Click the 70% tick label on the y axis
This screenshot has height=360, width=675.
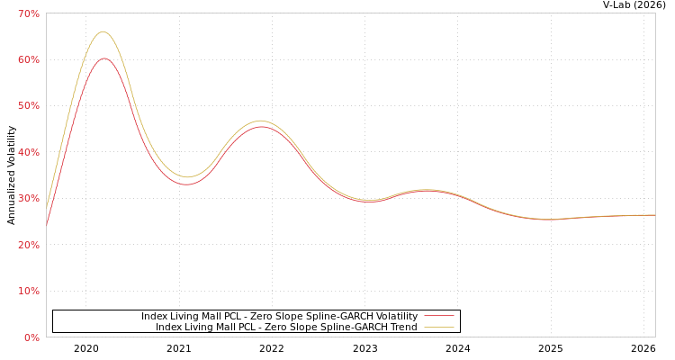(x=29, y=13)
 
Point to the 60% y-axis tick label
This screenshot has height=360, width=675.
(x=29, y=59)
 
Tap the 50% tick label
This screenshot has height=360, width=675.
(x=29, y=106)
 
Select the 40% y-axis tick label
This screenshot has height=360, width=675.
(x=29, y=152)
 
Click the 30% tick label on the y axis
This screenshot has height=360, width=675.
(x=29, y=198)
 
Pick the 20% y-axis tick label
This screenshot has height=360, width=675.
(x=29, y=245)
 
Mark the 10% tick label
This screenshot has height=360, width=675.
(x=29, y=291)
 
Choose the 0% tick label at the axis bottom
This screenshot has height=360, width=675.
(x=31, y=337)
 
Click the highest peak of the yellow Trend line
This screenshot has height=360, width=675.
(x=103, y=31)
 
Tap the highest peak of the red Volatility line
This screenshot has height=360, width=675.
(x=103, y=58)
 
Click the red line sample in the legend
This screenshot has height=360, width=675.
(x=438, y=316)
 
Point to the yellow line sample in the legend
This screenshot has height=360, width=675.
(x=438, y=327)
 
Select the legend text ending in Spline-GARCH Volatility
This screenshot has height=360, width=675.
(x=279, y=316)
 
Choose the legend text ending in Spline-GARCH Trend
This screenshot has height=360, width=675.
(x=286, y=327)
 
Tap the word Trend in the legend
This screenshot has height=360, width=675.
(x=402, y=327)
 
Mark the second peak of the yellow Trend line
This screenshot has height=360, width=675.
(x=260, y=121)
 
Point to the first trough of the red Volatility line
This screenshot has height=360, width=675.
(x=186, y=184)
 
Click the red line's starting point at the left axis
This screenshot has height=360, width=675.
(x=47, y=225)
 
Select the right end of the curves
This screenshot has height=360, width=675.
(x=654, y=215)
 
